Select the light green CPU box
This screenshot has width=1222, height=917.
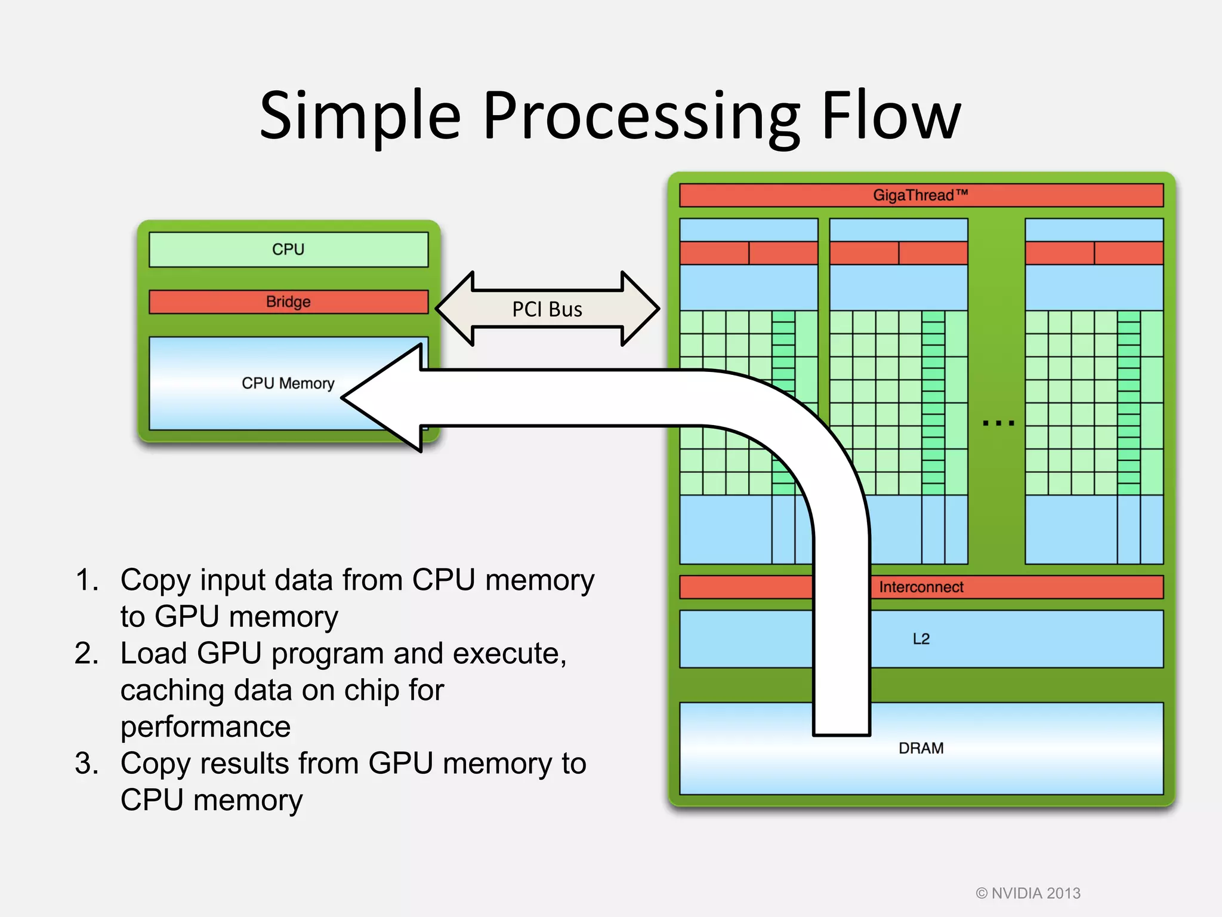[x=288, y=249]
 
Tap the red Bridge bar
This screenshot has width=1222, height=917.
[x=288, y=301]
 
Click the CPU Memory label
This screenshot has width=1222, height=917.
[x=288, y=383]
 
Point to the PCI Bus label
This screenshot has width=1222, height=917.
[x=547, y=309]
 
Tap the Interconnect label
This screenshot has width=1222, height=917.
[x=921, y=587]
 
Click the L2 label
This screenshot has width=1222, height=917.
[x=921, y=639]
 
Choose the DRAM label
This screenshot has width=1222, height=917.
[x=921, y=748]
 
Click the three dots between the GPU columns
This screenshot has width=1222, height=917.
[x=998, y=423]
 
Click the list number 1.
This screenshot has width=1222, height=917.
[x=87, y=580]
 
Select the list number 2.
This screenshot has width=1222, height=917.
[x=87, y=653]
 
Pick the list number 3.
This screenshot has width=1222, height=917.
[x=87, y=763]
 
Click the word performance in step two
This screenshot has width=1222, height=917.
[x=205, y=727]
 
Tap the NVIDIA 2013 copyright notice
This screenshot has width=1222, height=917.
[x=1027, y=893]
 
